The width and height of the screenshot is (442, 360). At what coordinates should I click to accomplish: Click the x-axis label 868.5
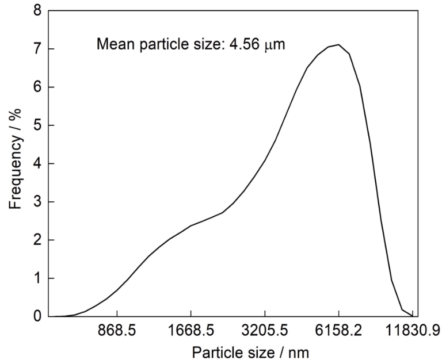(x=117, y=332)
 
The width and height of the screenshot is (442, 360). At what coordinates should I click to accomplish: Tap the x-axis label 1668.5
(x=191, y=332)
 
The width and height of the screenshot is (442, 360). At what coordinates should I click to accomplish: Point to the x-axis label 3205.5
(x=265, y=332)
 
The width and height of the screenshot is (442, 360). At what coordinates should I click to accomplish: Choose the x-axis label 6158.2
(x=338, y=332)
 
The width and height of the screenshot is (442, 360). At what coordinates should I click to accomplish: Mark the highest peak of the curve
(x=339, y=45)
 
